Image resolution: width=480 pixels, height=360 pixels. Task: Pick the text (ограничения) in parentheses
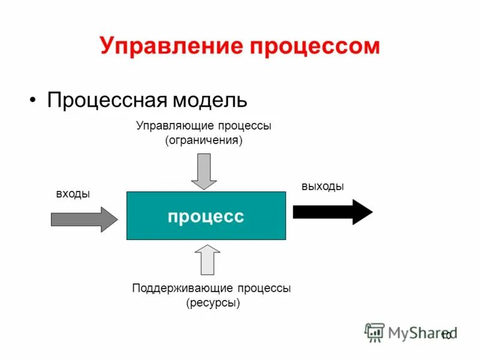click(204, 142)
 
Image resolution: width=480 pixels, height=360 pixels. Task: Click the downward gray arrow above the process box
click(204, 171)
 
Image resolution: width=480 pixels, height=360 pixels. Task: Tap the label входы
click(73, 194)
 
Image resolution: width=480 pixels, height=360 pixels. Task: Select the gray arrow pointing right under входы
click(85, 219)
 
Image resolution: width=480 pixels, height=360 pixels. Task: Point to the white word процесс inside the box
click(206, 216)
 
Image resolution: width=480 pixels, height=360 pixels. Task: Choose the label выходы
click(323, 187)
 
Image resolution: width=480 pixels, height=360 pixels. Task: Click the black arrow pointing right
click(332, 211)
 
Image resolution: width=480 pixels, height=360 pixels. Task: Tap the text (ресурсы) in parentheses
click(213, 303)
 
